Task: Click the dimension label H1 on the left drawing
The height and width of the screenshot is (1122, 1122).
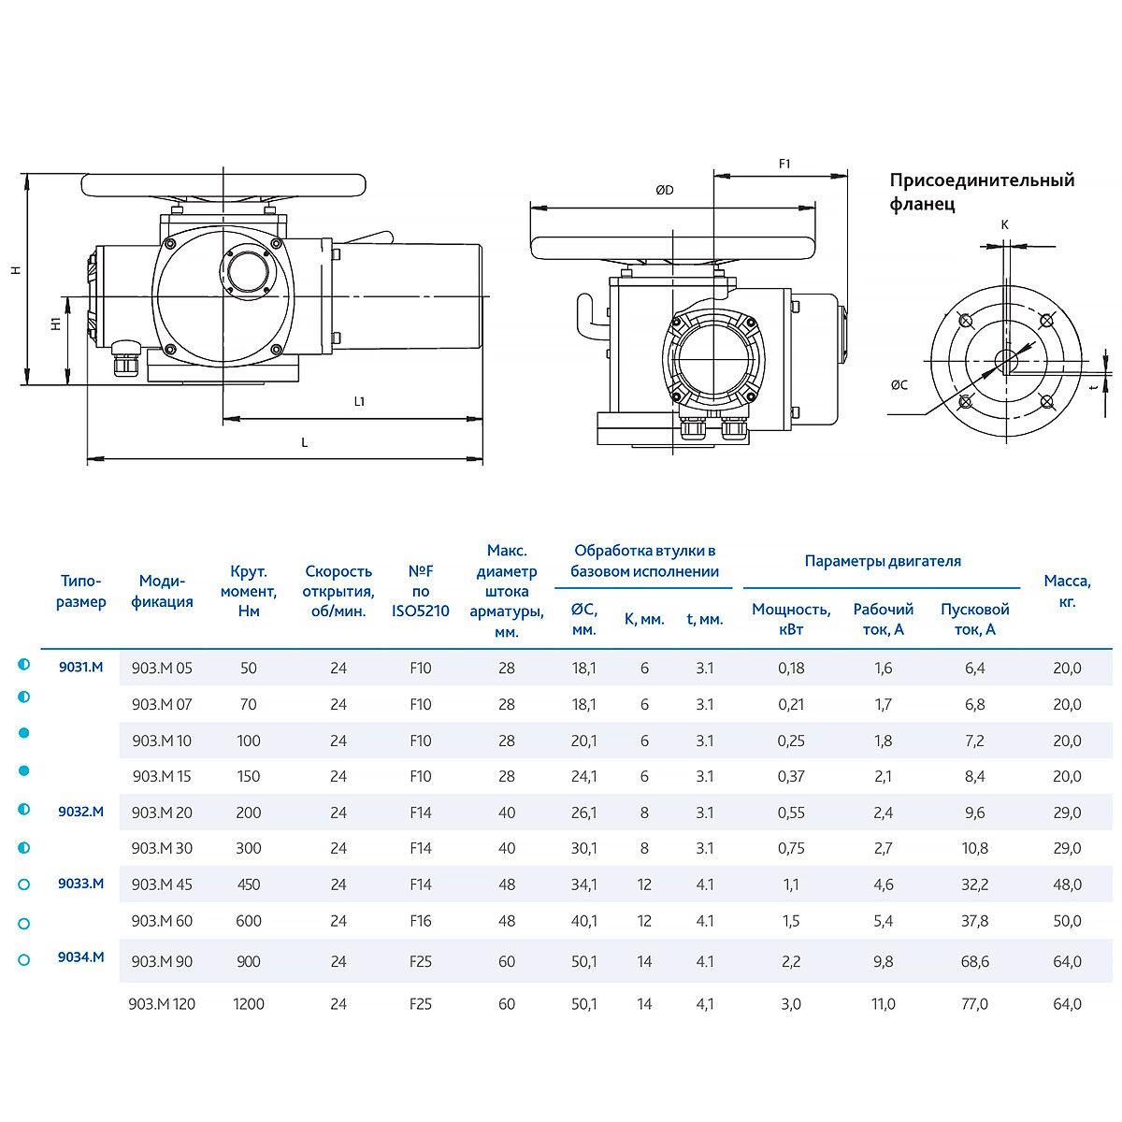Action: (x=56, y=324)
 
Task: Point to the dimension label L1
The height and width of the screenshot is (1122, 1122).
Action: (x=359, y=401)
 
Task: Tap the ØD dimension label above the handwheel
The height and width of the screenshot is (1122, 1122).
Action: (x=664, y=190)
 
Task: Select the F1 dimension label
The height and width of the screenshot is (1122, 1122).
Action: (x=784, y=164)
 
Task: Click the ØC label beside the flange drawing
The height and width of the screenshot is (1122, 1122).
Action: (x=899, y=384)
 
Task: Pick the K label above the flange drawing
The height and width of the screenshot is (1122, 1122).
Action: (x=1005, y=224)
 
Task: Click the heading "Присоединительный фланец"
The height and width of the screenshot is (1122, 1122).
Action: (x=982, y=192)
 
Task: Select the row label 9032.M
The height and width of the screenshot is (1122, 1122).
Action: (x=80, y=812)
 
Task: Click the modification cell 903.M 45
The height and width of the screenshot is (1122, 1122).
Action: (x=162, y=885)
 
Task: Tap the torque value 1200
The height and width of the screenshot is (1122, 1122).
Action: (x=249, y=1004)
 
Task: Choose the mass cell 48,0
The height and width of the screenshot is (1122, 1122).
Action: (x=1067, y=885)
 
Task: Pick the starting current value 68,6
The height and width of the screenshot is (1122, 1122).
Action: (x=974, y=961)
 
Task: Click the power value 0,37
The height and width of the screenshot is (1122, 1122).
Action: (x=791, y=776)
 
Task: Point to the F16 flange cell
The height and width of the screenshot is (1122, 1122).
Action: (x=421, y=921)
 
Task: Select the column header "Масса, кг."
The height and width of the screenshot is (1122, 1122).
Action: (x=1067, y=591)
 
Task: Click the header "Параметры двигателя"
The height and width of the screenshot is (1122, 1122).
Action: (x=883, y=561)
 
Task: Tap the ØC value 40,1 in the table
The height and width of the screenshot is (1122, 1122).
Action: (x=583, y=921)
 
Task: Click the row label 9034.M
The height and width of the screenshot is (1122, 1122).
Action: (x=80, y=957)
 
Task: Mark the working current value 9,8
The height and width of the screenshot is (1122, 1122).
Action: (x=883, y=961)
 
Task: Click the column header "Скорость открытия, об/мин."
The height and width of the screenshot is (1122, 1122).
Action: (x=338, y=591)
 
